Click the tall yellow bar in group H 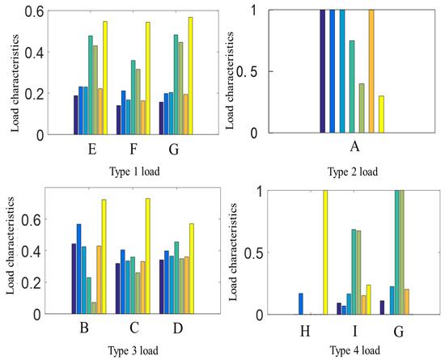(x=325, y=252)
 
